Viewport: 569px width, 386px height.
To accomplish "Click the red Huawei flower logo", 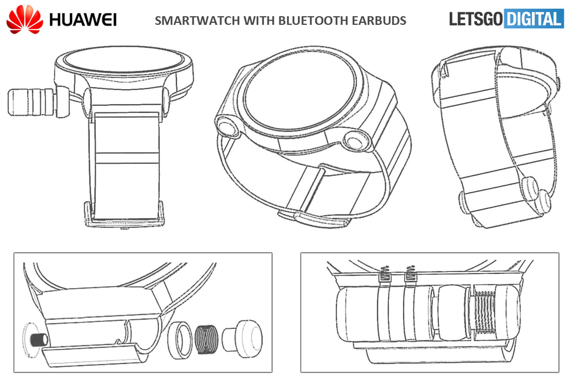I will [24, 19].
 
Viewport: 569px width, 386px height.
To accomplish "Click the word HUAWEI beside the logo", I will [83, 20].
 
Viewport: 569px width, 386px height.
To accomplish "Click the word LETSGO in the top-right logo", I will [476, 19].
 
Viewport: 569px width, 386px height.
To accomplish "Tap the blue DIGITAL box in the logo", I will [534, 19].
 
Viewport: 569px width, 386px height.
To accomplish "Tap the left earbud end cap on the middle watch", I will [227, 128].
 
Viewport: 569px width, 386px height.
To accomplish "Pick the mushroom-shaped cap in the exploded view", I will [242, 338].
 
